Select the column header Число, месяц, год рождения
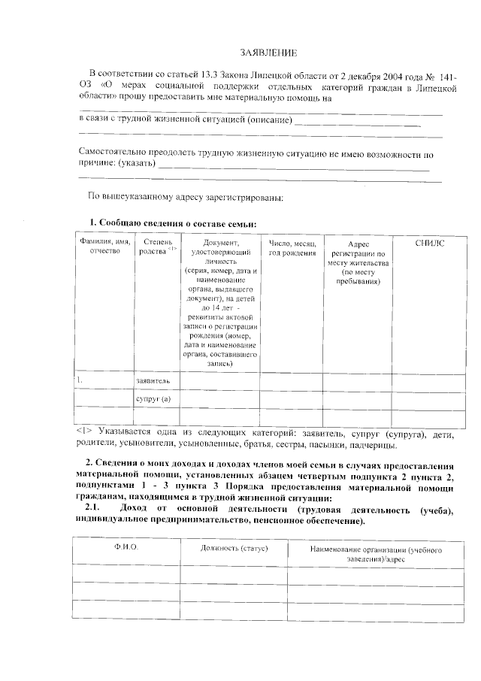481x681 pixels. tap(292, 248)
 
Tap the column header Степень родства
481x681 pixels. tap(157, 248)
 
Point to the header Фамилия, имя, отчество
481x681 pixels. tap(104, 247)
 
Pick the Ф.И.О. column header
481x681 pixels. tap(127, 548)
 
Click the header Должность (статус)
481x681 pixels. tap(234, 548)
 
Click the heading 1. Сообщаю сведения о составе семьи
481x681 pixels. tap(173, 224)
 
